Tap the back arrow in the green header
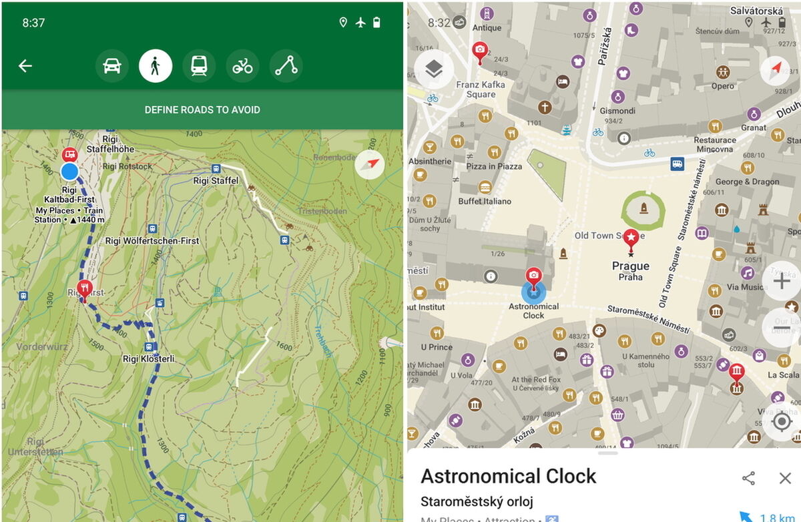coord(25,65)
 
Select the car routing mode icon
coord(112,66)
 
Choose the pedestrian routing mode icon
coord(156,66)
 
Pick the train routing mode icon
coord(199,66)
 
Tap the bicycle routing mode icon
coord(242,66)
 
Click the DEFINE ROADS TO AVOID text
coord(202,109)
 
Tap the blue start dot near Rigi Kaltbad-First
coord(69,172)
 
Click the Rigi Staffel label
coord(216,180)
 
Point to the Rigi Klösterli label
coord(148,358)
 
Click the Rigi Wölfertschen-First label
coord(152,241)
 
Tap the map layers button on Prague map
coord(434,69)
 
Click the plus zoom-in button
coord(781,282)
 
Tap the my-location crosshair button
coord(781,422)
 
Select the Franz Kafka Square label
coord(481,89)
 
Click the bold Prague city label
coord(630,266)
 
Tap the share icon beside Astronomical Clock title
coord(749,478)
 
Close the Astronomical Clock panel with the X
coord(785,478)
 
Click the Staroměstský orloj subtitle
coord(477,501)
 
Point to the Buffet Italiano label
coord(485,201)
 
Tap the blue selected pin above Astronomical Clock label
coord(533,291)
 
